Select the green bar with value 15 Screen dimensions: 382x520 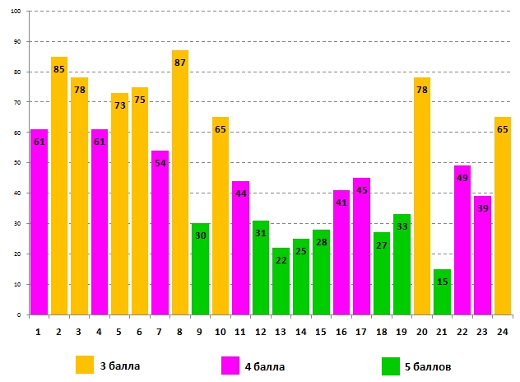442,287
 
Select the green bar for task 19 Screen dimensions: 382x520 402,264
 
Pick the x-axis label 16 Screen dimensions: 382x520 341,331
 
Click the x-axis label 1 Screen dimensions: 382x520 39,331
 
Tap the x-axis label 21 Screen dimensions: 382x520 442,331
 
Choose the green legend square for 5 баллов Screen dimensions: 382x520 392,365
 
